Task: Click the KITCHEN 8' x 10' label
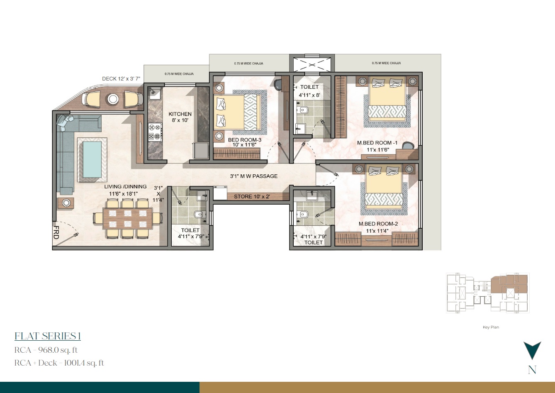click(x=180, y=117)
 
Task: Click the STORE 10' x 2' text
click(x=252, y=196)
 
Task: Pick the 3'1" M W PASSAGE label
click(x=254, y=176)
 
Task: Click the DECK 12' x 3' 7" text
click(x=122, y=78)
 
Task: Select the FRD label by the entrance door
click(x=56, y=232)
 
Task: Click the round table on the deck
click(x=113, y=99)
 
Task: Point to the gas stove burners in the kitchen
click(x=155, y=132)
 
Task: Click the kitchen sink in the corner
click(x=153, y=94)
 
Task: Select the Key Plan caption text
click(x=491, y=327)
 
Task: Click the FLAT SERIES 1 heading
click(x=47, y=336)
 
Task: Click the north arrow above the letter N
click(x=532, y=350)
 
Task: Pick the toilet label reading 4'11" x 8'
click(x=309, y=90)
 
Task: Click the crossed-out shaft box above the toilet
click(x=312, y=65)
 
